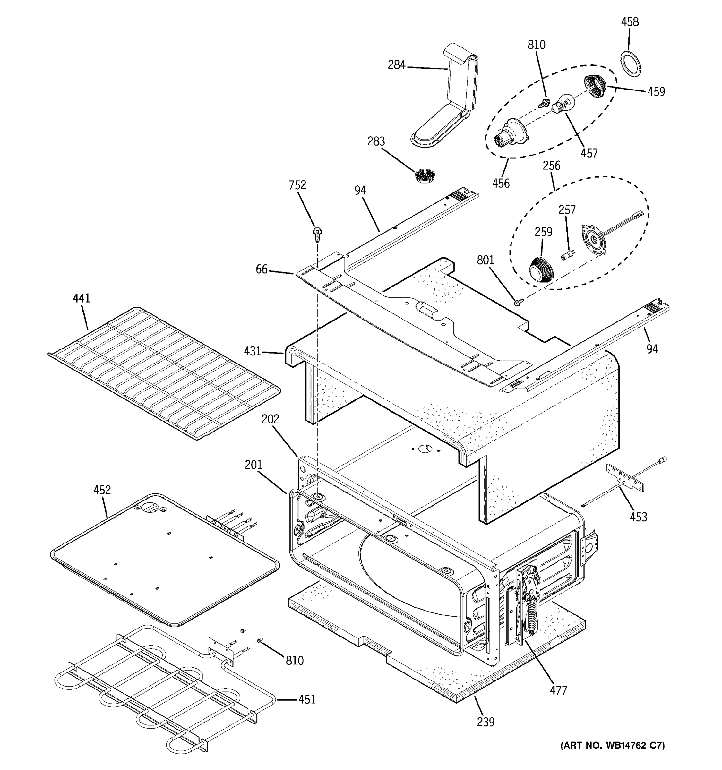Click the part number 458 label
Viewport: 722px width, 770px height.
630,22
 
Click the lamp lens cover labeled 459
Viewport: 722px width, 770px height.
595,87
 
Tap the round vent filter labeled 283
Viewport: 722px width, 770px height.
425,176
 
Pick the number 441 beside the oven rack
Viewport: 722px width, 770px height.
81,298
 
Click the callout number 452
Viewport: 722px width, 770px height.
102,490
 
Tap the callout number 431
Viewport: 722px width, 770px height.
252,351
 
